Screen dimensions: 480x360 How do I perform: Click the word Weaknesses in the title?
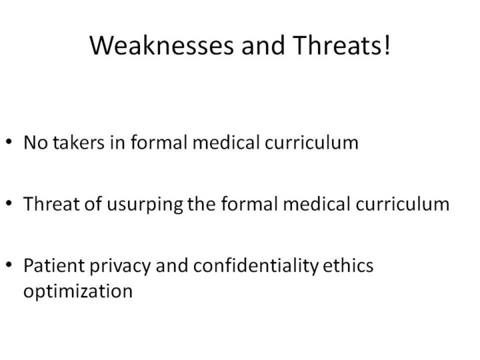point(162,45)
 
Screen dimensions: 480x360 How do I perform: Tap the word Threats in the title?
point(337,45)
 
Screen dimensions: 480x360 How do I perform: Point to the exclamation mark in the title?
point(387,45)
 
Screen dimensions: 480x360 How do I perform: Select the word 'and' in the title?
point(263,45)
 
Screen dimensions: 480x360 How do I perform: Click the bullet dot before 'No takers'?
point(9,141)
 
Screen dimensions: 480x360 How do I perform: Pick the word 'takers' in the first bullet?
point(79,143)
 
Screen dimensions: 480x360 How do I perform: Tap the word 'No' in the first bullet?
point(35,143)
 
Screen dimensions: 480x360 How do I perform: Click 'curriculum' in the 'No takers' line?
point(311,143)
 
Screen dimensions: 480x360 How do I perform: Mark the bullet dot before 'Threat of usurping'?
point(9,203)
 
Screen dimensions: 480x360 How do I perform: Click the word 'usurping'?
point(145,205)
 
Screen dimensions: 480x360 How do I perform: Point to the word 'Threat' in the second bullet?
point(52,204)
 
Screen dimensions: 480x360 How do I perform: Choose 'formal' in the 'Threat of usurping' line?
point(249,204)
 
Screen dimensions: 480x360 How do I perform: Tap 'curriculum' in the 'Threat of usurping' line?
point(403,204)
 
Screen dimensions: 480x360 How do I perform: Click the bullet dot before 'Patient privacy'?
point(9,264)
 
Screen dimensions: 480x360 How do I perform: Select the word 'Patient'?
point(54,265)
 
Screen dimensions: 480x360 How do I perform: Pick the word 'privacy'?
point(120,266)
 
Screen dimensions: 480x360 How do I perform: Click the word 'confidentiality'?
point(256,266)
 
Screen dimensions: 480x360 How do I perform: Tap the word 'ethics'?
point(348,265)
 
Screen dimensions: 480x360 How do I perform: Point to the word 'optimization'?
point(78,291)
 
